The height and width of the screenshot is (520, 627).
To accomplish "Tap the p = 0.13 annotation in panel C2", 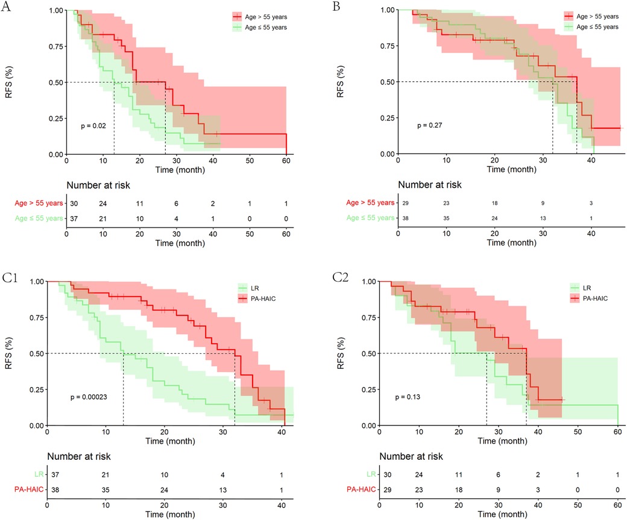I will [x=406, y=397].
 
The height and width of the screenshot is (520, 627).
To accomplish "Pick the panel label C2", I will [x=341, y=278].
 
